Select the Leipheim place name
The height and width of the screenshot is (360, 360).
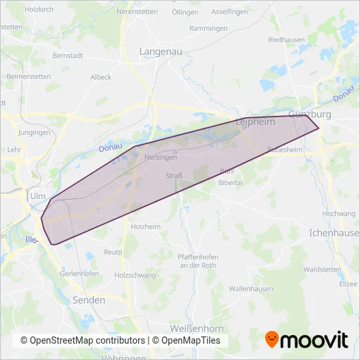pyautogui.click(x=255, y=122)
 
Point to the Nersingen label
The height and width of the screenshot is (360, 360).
pyautogui.click(x=160, y=158)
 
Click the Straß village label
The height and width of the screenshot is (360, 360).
pyautogui.click(x=174, y=175)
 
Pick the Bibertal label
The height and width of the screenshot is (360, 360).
pyautogui.click(x=230, y=183)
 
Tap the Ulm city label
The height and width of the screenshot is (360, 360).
pyautogui.click(x=37, y=196)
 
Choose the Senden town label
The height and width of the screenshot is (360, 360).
pyautogui.click(x=91, y=300)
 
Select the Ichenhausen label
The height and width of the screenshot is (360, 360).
pyautogui.click(x=334, y=233)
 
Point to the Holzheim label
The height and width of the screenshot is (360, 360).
pyautogui.click(x=145, y=226)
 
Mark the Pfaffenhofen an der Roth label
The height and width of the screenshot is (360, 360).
pyautogui.click(x=197, y=261)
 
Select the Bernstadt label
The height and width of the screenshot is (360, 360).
pyautogui.click(x=68, y=56)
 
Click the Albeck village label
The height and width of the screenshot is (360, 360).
pyautogui.click(x=101, y=77)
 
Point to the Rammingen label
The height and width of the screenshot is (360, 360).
pyautogui.click(x=208, y=29)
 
